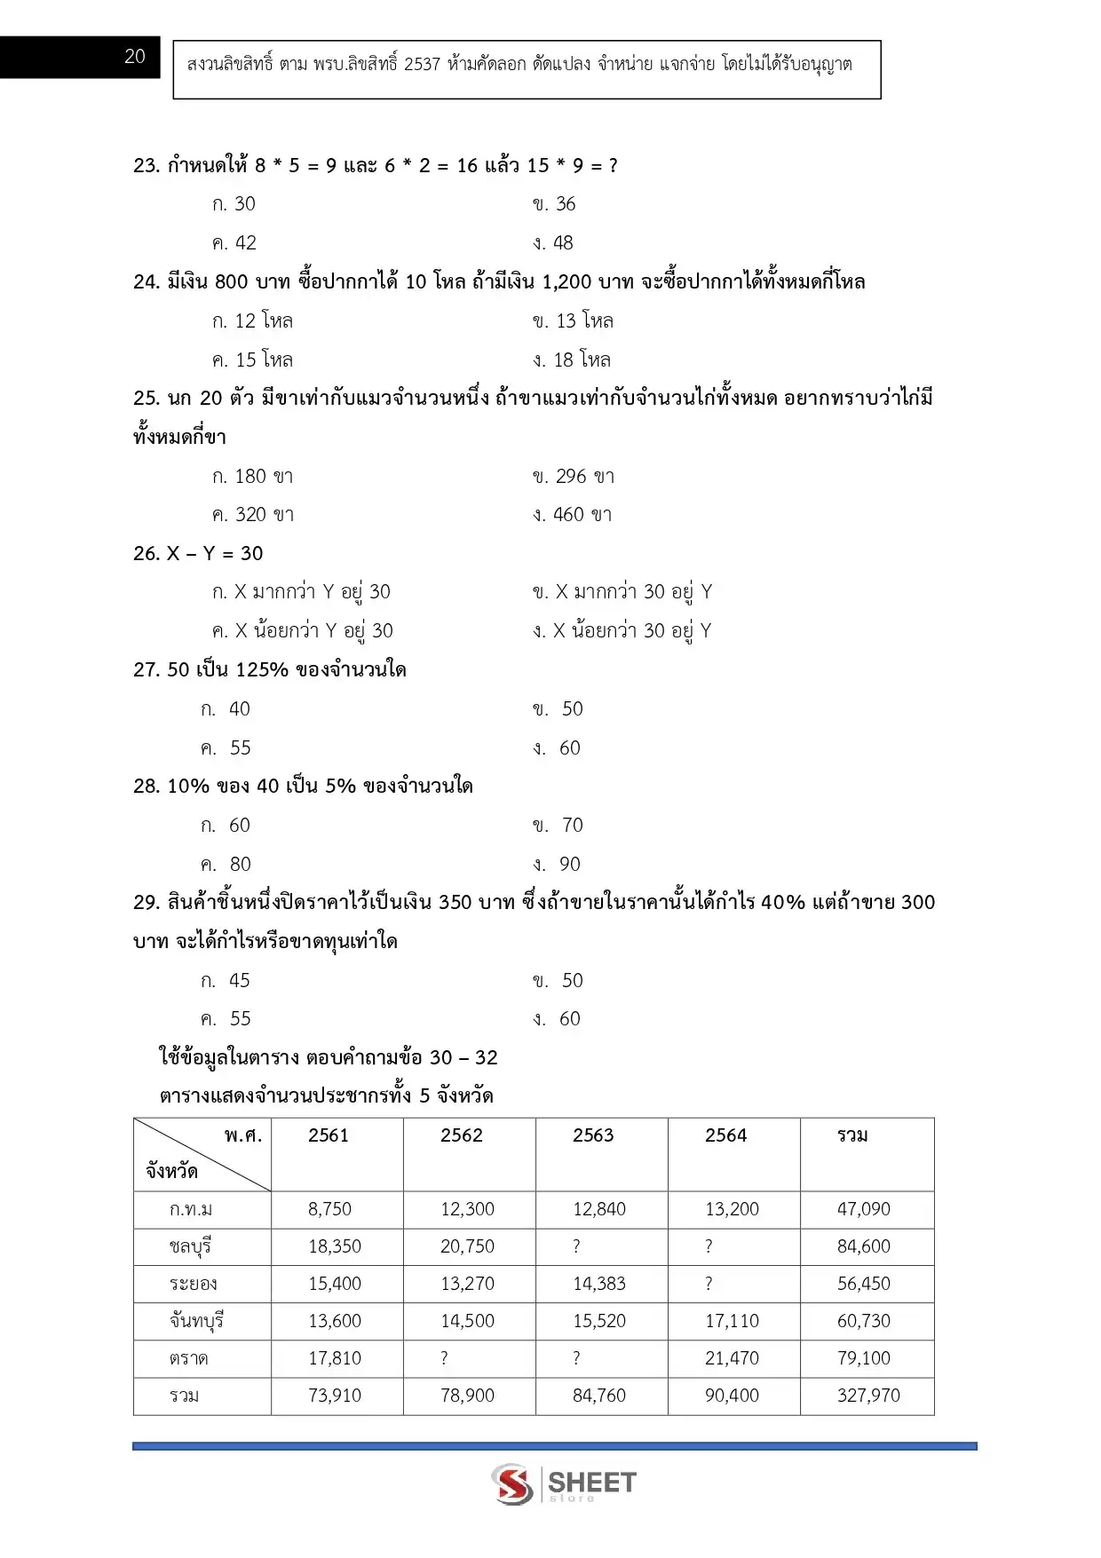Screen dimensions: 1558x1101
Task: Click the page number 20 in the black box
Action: point(135,57)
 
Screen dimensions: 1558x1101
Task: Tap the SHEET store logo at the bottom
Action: point(564,1483)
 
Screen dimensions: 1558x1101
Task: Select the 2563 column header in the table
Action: point(593,1135)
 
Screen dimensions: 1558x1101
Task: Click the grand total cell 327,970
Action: point(868,1396)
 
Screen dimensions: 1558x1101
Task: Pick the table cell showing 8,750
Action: point(330,1209)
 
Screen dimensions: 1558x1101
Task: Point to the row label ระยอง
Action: point(193,1284)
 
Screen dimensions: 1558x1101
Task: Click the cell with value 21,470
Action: point(732,1358)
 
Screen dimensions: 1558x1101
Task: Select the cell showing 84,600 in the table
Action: point(863,1246)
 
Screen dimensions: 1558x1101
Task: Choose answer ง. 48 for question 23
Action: point(553,243)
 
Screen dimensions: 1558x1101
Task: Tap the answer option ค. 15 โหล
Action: point(253,360)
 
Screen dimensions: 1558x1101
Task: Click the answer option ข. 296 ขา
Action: point(574,477)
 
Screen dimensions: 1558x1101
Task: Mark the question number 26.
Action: point(146,554)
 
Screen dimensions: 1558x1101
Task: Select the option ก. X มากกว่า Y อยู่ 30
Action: point(302,592)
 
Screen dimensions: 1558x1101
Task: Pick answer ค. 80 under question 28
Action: point(226,865)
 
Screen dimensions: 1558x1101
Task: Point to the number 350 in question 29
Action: point(455,903)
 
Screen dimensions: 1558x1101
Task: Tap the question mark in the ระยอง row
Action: point(709,1284)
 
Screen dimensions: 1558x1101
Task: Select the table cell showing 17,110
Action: point(732,1321)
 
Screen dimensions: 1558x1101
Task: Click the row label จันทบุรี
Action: point(196,1321)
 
